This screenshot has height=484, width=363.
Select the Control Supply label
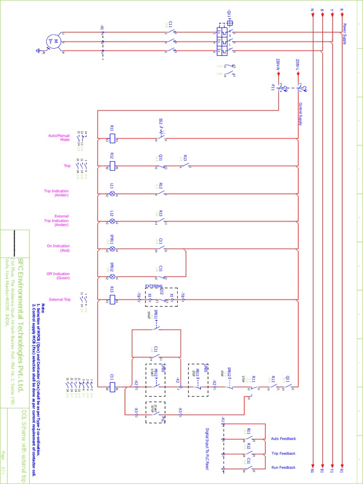click(300, 113)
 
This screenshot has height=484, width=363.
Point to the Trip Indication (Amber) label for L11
click(56, 193)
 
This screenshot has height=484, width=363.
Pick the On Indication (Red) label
click(58, 248)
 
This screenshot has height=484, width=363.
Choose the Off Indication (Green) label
click(58, 276)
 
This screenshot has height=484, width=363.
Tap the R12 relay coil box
click(112, 166)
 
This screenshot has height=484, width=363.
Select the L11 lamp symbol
click(112, 194)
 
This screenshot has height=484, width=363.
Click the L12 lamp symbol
click(112, 221)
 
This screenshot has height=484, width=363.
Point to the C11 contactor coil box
click(112, 388)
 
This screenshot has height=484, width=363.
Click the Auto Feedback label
click(283, 439)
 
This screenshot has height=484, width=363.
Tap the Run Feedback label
click(283, 467)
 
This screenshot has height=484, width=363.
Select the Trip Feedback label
click(283, 453)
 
